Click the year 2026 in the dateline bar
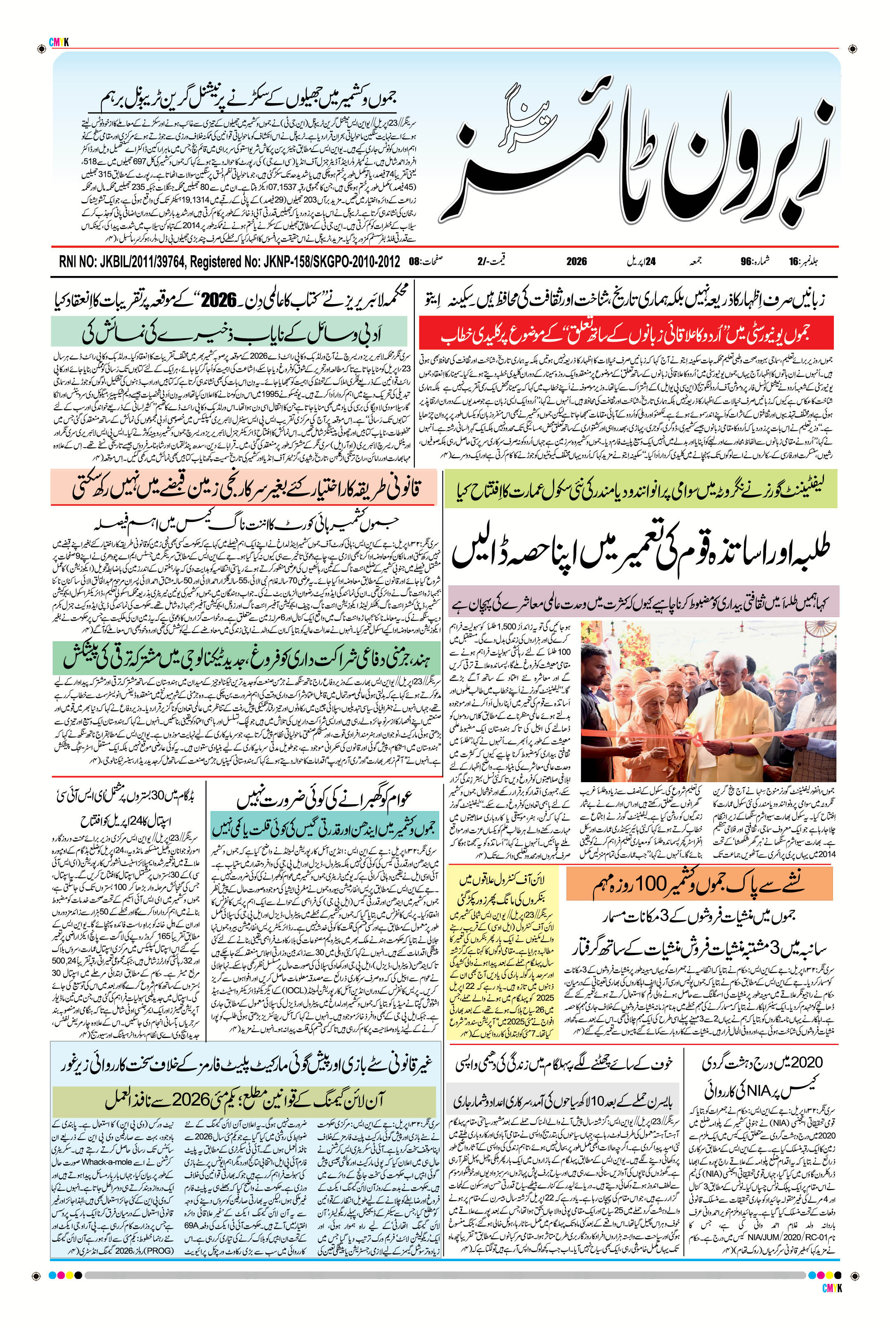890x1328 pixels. tap(576, 262)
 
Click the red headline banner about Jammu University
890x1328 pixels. tap(627, 334)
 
